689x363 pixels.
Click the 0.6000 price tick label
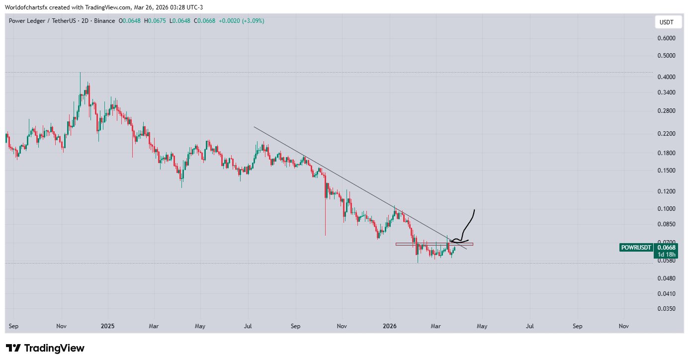pyautogui.click(x=666, y=38)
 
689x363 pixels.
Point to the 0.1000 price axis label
pyautogui.click(x=666, y=208)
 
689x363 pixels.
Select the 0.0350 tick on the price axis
pyautogui.click(x=666, y=309)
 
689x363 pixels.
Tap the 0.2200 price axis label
pyautogui.click(x=666, y=134)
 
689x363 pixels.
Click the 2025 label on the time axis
pyautogui.click(x=107, y=326)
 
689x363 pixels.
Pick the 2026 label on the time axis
pyautogui.click(x=389, y=326)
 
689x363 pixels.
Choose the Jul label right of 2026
pyautogui.click(x=530, y=326)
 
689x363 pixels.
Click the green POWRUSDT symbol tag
pyautogui.click(x=636, y=247)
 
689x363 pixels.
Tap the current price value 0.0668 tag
pyautogui.click(x=666, y=247)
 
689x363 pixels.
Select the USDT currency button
pyautogui.click(x=666, y=22)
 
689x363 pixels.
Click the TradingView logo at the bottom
pyautogui.click(x=45, y=348)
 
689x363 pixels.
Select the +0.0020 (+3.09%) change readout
pyautogui.click(x=241, y=21)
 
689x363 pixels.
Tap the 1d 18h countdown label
pyautogui.click(x=666, y=254)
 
